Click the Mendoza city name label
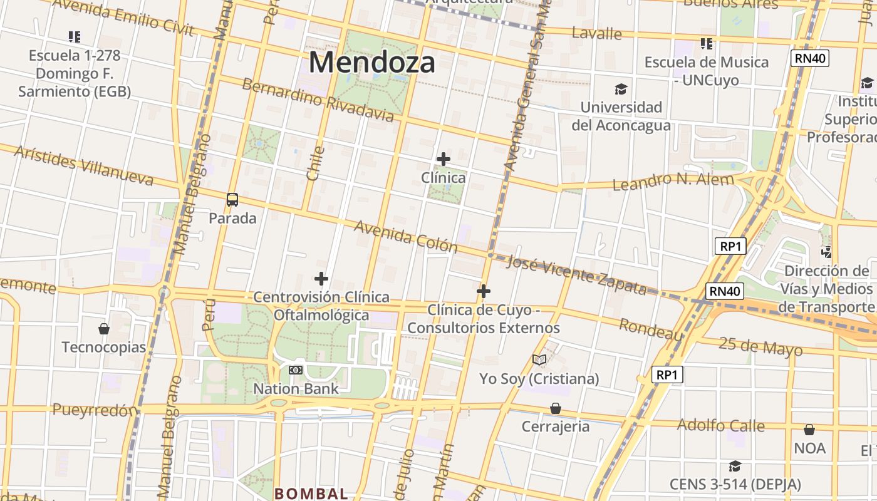tap(371, 63)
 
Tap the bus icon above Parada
tap(232, 200)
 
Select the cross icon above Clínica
tap(444, 159)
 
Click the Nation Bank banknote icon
tap(296, 370)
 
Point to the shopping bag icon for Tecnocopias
tap(104, 329)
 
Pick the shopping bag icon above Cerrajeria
tap(556, 408)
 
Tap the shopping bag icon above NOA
tap(809, 430)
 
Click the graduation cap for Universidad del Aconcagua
tap(621, 89)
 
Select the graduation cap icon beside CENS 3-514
tap(735, 466)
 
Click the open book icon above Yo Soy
tap(539, 359)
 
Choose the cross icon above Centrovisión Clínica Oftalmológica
tap(321, 278)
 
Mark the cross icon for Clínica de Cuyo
tap(483, 291)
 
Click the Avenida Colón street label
tap(406, 236)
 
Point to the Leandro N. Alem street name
tap(673, 182)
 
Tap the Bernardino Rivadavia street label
tap(318, 100)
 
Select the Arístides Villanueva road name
tap(83, 167)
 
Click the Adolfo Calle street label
tap(720, 425)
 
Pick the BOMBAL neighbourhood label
tap(311, 493)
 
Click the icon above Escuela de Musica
tap(707, 44)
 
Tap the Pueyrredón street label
tap(95, 410)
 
